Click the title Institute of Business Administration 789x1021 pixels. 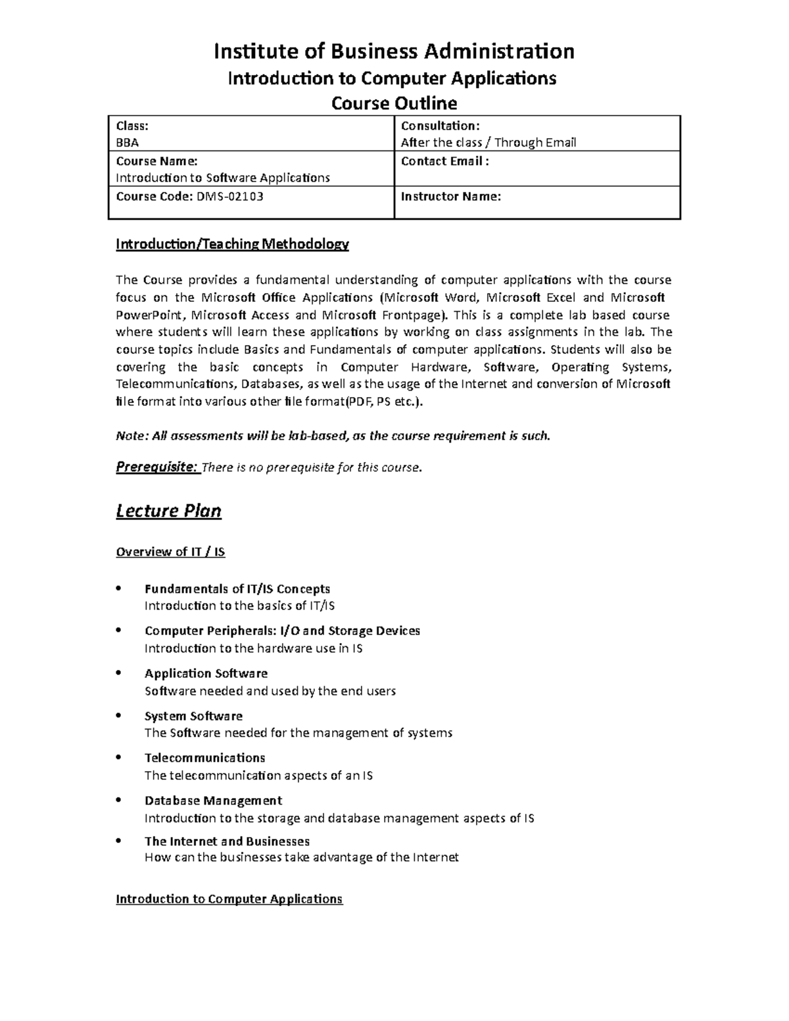point(394,51)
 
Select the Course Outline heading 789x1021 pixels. point(394,103)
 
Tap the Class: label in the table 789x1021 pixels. point(132,126)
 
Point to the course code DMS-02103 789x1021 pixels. point(230,196)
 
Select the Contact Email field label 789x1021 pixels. point(445,161)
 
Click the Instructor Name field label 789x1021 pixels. point(451,196)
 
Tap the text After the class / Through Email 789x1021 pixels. point(489,143)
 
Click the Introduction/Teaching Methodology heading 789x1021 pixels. point(232,245)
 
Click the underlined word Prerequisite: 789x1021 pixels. point(156,467)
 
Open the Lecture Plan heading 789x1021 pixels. point(168,511)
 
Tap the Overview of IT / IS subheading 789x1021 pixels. point(170,552)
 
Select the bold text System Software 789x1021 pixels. point(193,716)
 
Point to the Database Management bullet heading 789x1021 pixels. point(213,801)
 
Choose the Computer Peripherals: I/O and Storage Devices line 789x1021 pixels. point(282,631)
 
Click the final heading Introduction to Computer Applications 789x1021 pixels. point(229,899)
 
